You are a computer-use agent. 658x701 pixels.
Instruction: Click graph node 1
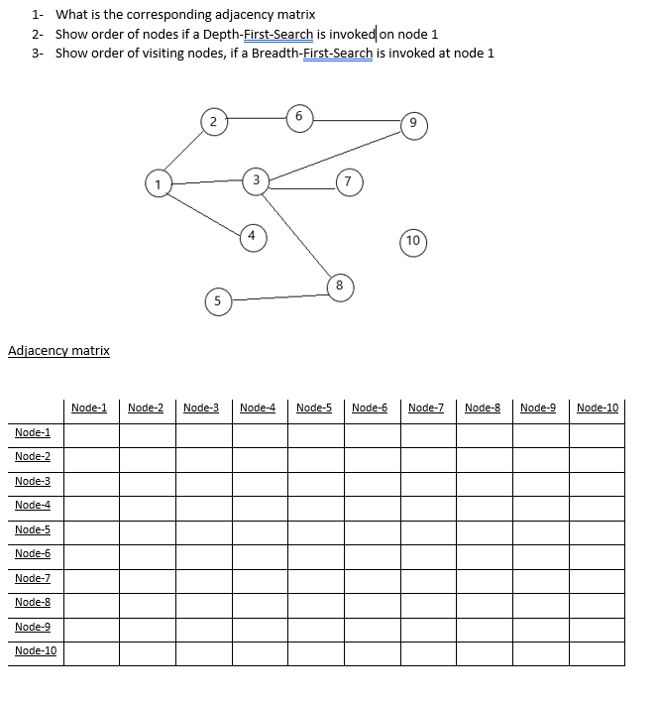point(157,182)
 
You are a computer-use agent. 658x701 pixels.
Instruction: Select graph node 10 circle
point(413,241)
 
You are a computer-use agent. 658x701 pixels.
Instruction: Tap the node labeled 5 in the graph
point(217,300)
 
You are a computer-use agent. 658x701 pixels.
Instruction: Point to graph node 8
point(339,285)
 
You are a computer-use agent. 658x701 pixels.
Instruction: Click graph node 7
point(348,181)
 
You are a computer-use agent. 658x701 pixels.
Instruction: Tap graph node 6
point(297,116)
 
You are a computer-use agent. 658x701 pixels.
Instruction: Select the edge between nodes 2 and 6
point(255,119)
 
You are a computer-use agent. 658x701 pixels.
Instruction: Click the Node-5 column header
point(313,408)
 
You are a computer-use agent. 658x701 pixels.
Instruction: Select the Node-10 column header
point(597,408)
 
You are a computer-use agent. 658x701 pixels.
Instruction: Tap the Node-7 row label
point(33,578)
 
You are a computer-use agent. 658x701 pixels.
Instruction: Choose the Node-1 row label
point(33,432)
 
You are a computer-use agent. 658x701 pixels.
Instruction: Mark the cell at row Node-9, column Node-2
point(146,629)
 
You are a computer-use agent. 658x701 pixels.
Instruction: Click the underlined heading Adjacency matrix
point(58,350)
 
